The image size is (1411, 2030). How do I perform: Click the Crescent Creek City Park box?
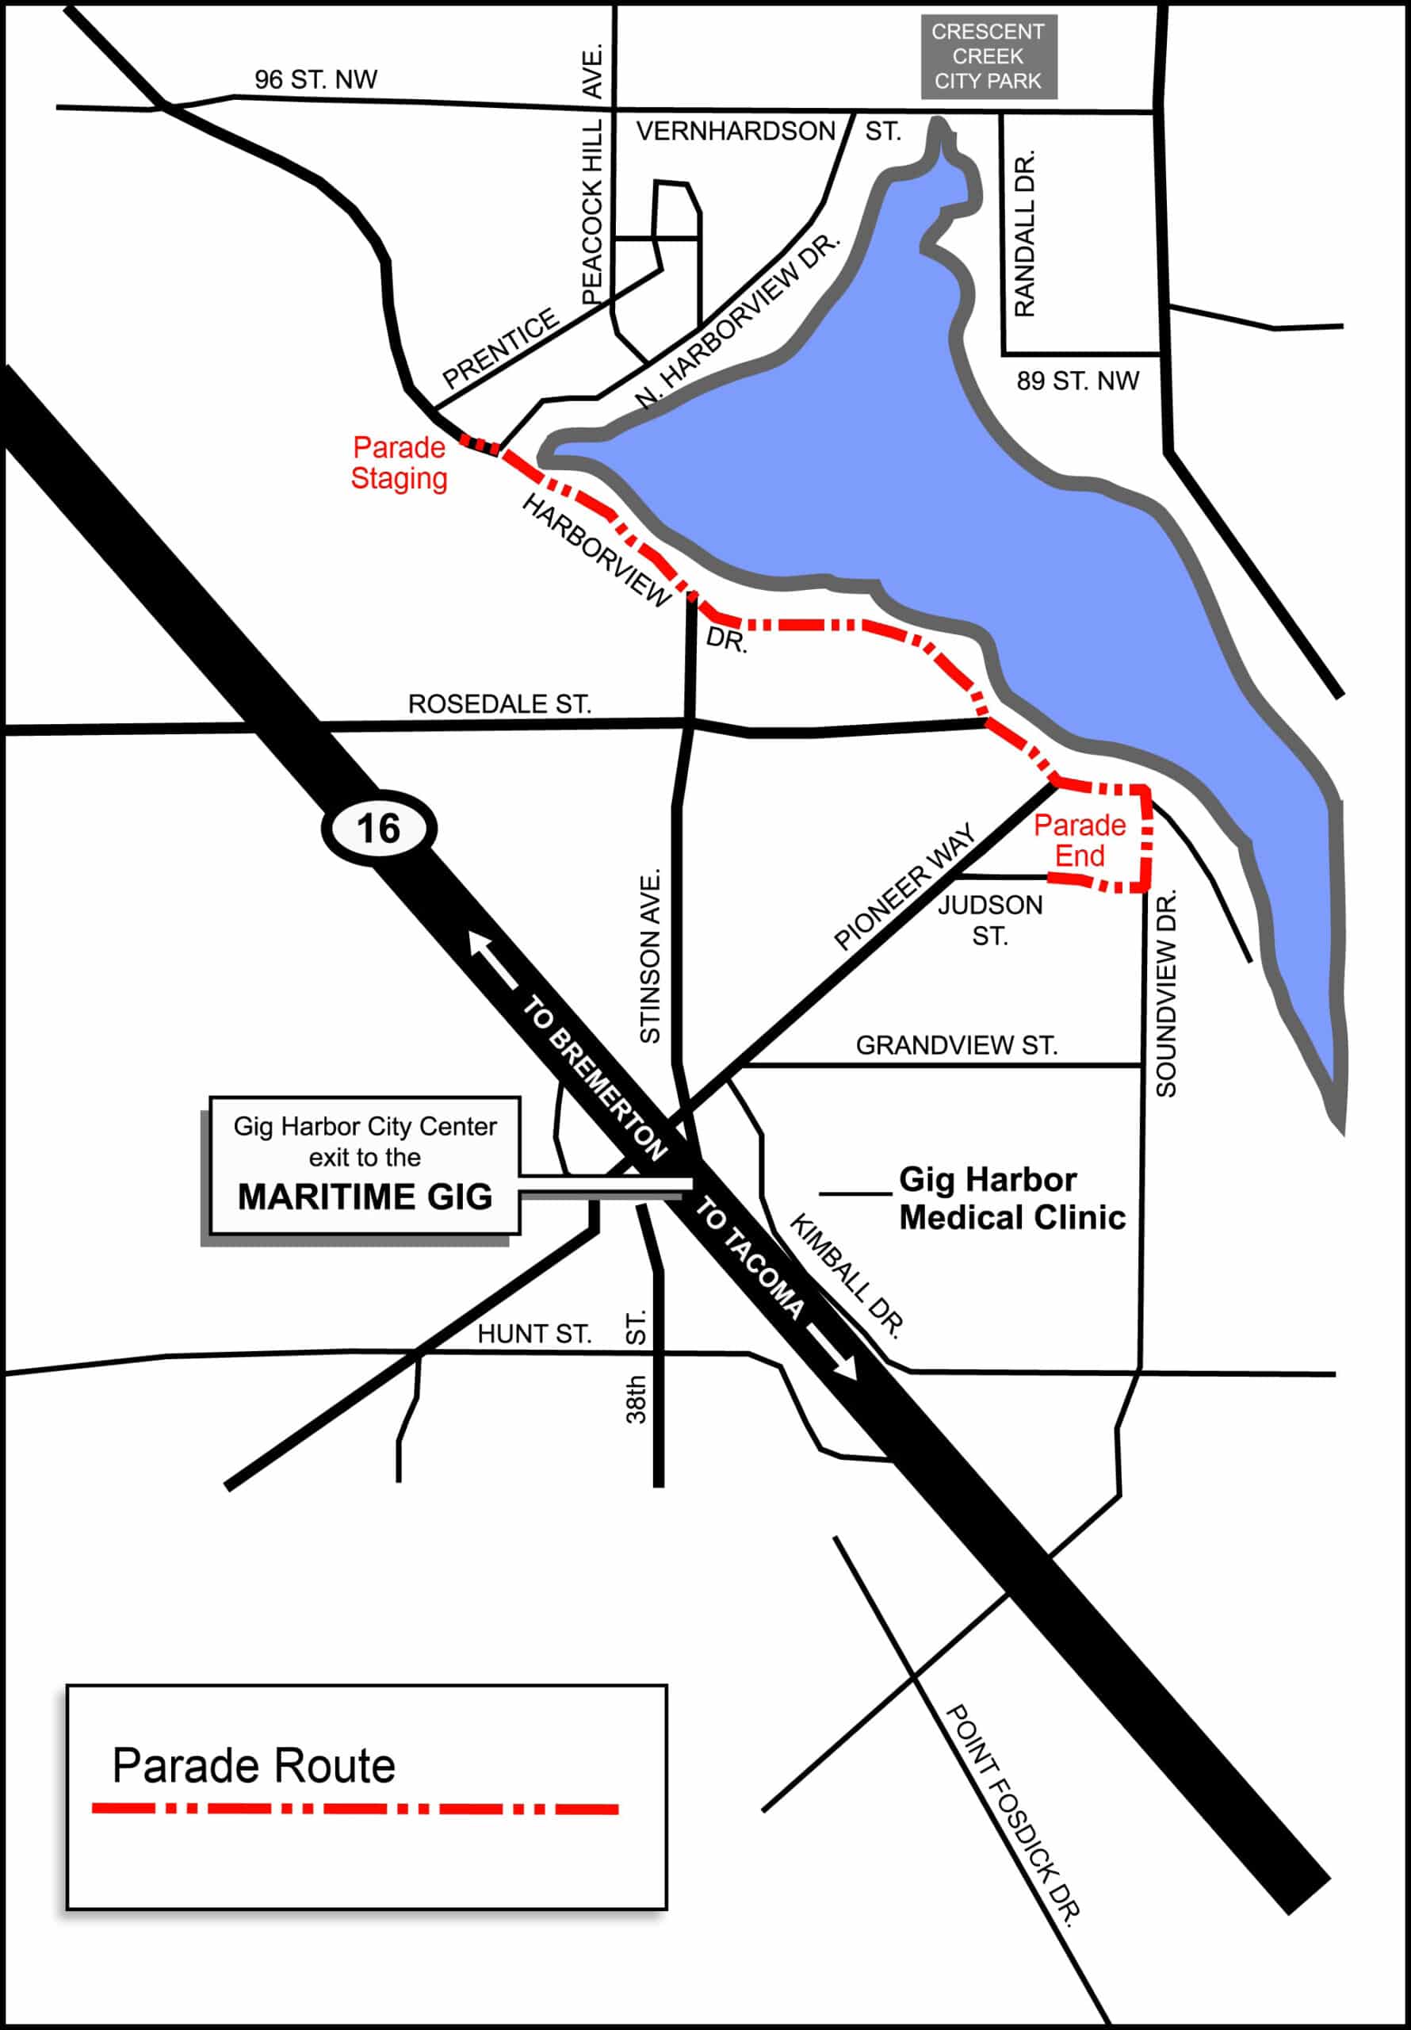click(988, 56)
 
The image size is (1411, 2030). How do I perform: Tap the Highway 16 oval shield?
click(378, 829)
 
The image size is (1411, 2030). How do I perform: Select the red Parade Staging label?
click(399, 462)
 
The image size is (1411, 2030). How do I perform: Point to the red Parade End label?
click(1080, 841)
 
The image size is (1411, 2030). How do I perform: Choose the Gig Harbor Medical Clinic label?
click(1011, 1199)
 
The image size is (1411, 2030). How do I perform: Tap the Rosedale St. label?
click(499, 705)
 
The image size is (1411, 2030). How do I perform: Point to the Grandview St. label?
click(956, 1045)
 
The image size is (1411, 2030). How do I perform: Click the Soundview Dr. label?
click(1166, 994)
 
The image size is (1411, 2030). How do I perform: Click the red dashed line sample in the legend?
click(355, 1809)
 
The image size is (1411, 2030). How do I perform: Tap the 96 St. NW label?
click(315, 79)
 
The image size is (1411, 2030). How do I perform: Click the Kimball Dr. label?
click(846, 1276)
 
